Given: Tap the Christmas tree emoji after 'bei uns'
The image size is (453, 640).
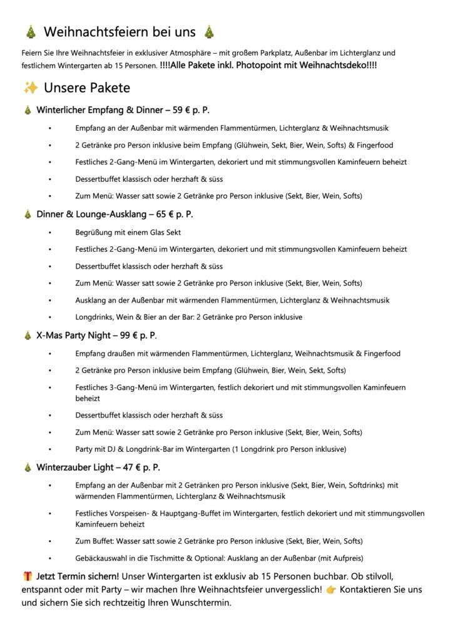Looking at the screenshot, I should click(x=209, y=32).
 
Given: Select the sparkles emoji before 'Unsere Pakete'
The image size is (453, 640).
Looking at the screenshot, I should click(x=31, y=87).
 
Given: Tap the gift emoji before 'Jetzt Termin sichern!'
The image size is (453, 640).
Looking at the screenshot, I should click(x=28, y=574).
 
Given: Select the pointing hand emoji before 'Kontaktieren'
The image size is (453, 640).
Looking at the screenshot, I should click(x=330, y=589).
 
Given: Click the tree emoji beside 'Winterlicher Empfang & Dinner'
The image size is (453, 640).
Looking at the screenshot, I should click(x=28, y=111).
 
